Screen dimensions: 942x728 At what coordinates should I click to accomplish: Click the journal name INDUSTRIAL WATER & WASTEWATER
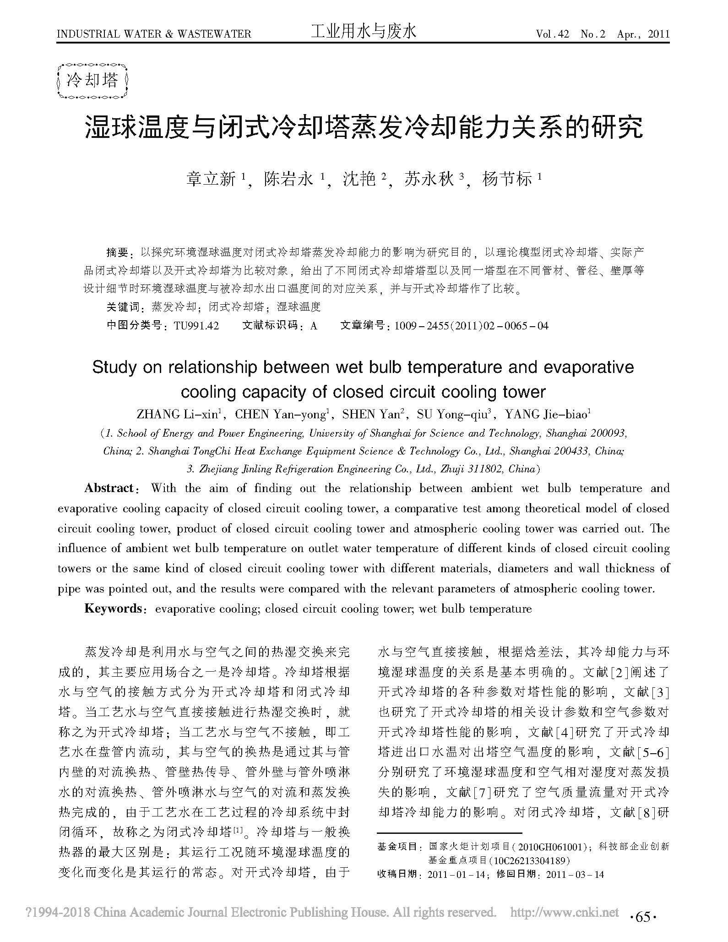point(154,34)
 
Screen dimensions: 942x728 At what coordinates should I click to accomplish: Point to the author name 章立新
point(211,179)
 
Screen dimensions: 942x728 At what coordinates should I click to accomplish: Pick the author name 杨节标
point(507,179)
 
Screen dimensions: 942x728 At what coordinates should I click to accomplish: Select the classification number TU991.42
point(196,326)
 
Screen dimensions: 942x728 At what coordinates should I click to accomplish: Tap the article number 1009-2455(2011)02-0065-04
point(471,326)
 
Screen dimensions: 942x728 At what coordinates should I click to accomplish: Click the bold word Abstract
point(109,488)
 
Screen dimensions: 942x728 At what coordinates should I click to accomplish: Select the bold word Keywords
point(113,608)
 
